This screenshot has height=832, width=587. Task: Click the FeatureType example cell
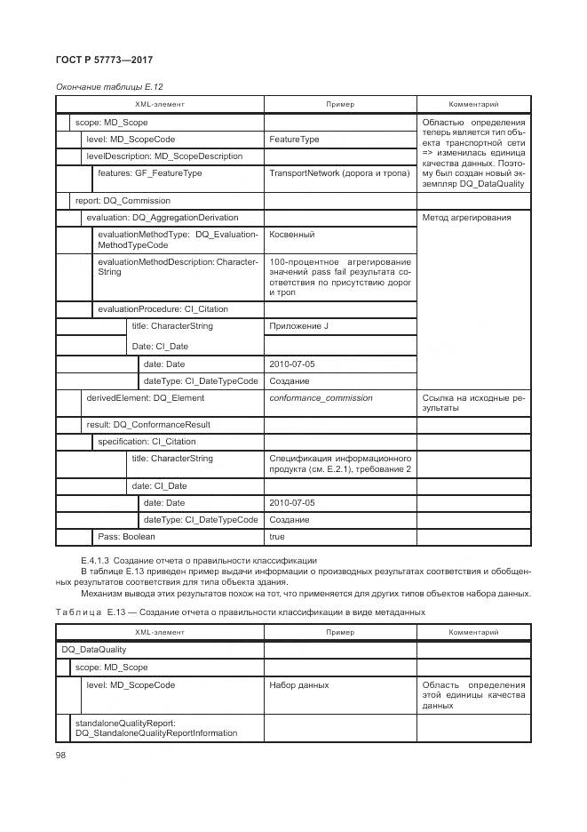pos(294,140)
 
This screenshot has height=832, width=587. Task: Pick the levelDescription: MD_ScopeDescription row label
pos(164,156)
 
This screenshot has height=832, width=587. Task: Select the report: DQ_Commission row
pos(123,201)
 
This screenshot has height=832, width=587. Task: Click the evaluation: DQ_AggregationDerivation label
pos(162,218)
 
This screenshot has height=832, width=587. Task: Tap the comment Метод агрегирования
pos(466,218)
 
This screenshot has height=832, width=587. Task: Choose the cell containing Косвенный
pos(292,235)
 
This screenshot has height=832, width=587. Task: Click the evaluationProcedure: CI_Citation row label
pos(163,309)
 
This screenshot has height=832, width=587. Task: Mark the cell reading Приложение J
pos(299,326)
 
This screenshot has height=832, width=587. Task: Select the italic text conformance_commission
pos(321,398)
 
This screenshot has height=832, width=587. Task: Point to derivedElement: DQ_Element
pos(145,398)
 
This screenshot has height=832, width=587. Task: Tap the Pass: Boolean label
pos(126,537)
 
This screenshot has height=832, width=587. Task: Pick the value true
pos(277,537)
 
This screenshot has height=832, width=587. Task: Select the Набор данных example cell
pos(299,685)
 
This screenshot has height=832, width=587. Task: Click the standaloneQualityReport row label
pos(155,728)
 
